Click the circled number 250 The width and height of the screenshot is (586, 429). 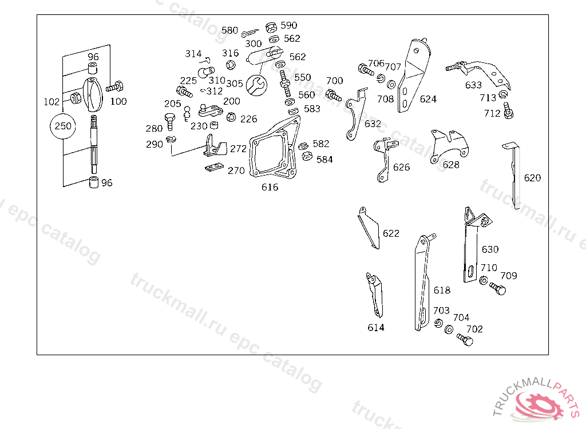(63, 126)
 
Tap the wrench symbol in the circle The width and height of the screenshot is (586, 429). (256, 86)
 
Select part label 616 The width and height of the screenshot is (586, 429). (270, 187)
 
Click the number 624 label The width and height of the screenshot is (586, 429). (428, 99)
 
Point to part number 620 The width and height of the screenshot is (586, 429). (532, 178)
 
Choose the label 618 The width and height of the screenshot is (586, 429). (442, 291)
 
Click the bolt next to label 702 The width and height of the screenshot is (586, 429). (466, 340)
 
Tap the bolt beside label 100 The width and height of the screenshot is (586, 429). (115, 88)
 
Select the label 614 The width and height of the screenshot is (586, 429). (376, 327)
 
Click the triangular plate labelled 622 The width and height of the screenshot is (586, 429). (369, 229)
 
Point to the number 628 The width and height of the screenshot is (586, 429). (451, 165)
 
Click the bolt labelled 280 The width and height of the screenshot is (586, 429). (169, 121)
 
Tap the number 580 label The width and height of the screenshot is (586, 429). (229, 30)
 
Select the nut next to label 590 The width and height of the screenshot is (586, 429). (271, 26)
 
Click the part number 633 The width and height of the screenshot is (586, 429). (473, 85)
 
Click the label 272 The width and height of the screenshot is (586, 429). (238, 149)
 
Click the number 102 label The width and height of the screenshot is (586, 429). (52, 102)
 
